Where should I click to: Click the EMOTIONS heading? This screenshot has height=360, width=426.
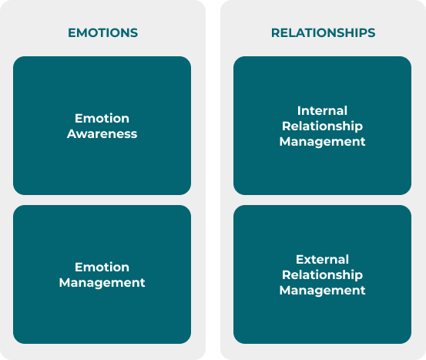(102, 33)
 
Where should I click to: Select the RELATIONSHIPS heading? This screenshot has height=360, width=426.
(323, 33)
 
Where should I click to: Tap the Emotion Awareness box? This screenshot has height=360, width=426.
(102, 126)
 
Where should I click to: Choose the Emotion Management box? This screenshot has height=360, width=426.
(102, 274)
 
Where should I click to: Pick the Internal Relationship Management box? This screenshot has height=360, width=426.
(322, 126)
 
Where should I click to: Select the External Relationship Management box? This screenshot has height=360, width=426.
(322, 274)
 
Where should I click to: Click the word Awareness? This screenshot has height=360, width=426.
(102, 134)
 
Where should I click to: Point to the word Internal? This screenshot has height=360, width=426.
(322, 111)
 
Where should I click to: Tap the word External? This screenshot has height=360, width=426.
(322, 259)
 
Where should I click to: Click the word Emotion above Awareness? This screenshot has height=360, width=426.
(102, 118)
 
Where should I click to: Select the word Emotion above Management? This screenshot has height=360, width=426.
(102, 267)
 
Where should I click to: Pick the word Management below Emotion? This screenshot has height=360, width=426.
(102, 283)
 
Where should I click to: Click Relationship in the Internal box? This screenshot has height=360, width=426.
(322, 126)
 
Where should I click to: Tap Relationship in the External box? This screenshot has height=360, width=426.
(322, 275)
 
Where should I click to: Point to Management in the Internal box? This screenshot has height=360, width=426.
(322, 142)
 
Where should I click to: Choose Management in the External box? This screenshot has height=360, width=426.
(322, 291)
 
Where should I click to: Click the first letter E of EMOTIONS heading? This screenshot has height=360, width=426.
(72, 33)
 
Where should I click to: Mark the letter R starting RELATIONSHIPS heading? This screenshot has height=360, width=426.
(276, 33)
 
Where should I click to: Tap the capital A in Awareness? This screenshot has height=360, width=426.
(72, 134)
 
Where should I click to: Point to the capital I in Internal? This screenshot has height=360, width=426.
(299, 111)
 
